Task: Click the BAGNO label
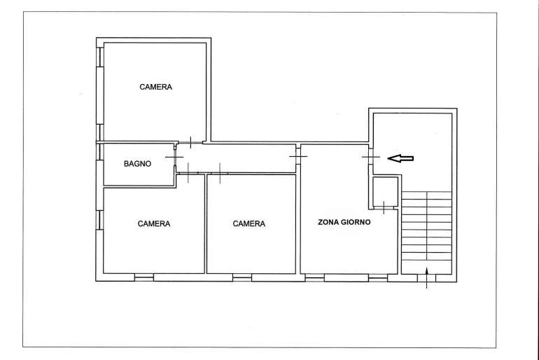pos(137,164)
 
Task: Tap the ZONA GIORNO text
pos(344,222)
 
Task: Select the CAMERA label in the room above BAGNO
pos(155,87)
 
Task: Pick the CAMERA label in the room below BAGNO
pos(154,224)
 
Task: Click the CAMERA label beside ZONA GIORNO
pos(249,224)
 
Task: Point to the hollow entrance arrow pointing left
pos(400,158)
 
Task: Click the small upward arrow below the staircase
pos(426,278)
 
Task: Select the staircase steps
pos(426,233)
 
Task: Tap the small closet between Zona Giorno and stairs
pos(385,191)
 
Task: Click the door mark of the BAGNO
pos(174,157)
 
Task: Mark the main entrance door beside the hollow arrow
pos(371,157)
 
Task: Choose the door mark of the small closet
pos(384,208)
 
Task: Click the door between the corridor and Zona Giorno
pos(298,156)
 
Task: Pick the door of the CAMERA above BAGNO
pos(191,142)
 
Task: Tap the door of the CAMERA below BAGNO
pos(188,173)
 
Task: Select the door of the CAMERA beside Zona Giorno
pos(220,173)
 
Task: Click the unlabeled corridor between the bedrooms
pos(236,158)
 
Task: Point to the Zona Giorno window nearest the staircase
pos(378,277)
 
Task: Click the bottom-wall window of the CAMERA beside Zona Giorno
pos(242,277)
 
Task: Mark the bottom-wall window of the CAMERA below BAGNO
pos(144,277)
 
